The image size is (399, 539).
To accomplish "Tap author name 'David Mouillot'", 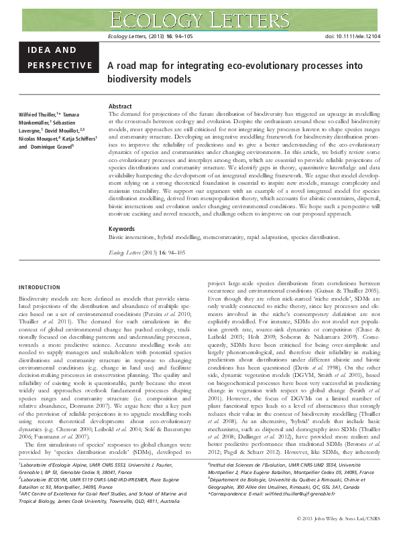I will tap(69, 131).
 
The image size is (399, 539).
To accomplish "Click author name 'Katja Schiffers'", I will tap(77, 139).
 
